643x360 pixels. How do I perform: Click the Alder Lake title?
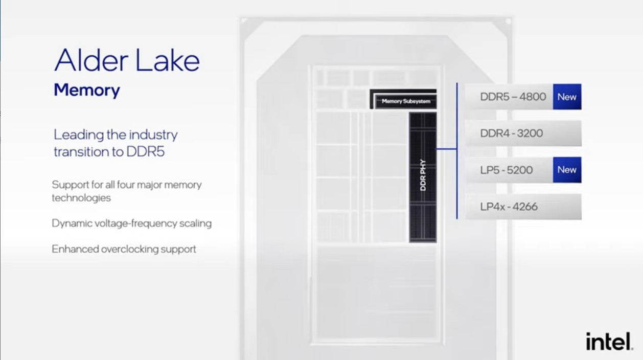click(x=127, y=60)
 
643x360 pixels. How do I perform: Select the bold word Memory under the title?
click(x=87, y=90)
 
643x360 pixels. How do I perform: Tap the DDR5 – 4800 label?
click(x=513, y=97)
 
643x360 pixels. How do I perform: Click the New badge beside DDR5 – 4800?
click(x=567, y=97)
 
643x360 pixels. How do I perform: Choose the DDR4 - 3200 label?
click(x=511, y=133)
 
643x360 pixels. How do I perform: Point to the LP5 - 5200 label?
click(x=507, y=170)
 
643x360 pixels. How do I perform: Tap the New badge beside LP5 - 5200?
click(x=567, y=170)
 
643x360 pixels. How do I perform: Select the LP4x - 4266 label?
click(x=509, y=207)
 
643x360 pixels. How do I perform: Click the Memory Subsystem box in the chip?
click(x=404, y=99)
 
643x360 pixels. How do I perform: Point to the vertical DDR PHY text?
click(x=423, y=175)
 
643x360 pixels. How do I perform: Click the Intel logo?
click(x=609, y=342)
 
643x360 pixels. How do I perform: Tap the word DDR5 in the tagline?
click(x=146, y=152)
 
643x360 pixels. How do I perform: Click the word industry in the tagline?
click(x=153, y=135)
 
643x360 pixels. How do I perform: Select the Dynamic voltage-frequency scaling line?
click(x=132, y=223)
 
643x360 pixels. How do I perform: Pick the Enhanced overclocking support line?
click(x=124, y=249)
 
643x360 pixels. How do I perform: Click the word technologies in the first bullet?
click(x=81, y=198)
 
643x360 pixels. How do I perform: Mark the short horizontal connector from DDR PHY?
click(x=447, y=149)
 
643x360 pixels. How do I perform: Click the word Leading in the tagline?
click(x=79, y=135)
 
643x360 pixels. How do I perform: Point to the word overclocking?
click(x=129, y=249)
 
